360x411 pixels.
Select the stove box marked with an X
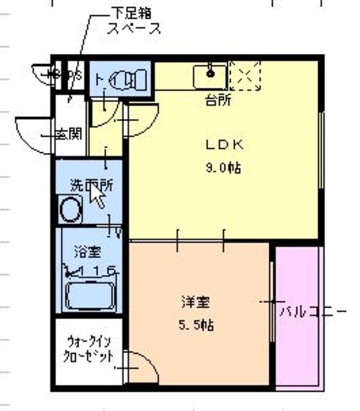coord(245,76)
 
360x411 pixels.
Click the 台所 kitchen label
coord(219,100)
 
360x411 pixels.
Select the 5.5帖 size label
coord(197,325)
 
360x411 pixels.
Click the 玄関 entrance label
coord(68,135)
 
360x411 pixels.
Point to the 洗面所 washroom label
coord(91,185)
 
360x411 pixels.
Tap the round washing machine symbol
coord(69,209)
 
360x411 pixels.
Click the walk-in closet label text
coord(89,349)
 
